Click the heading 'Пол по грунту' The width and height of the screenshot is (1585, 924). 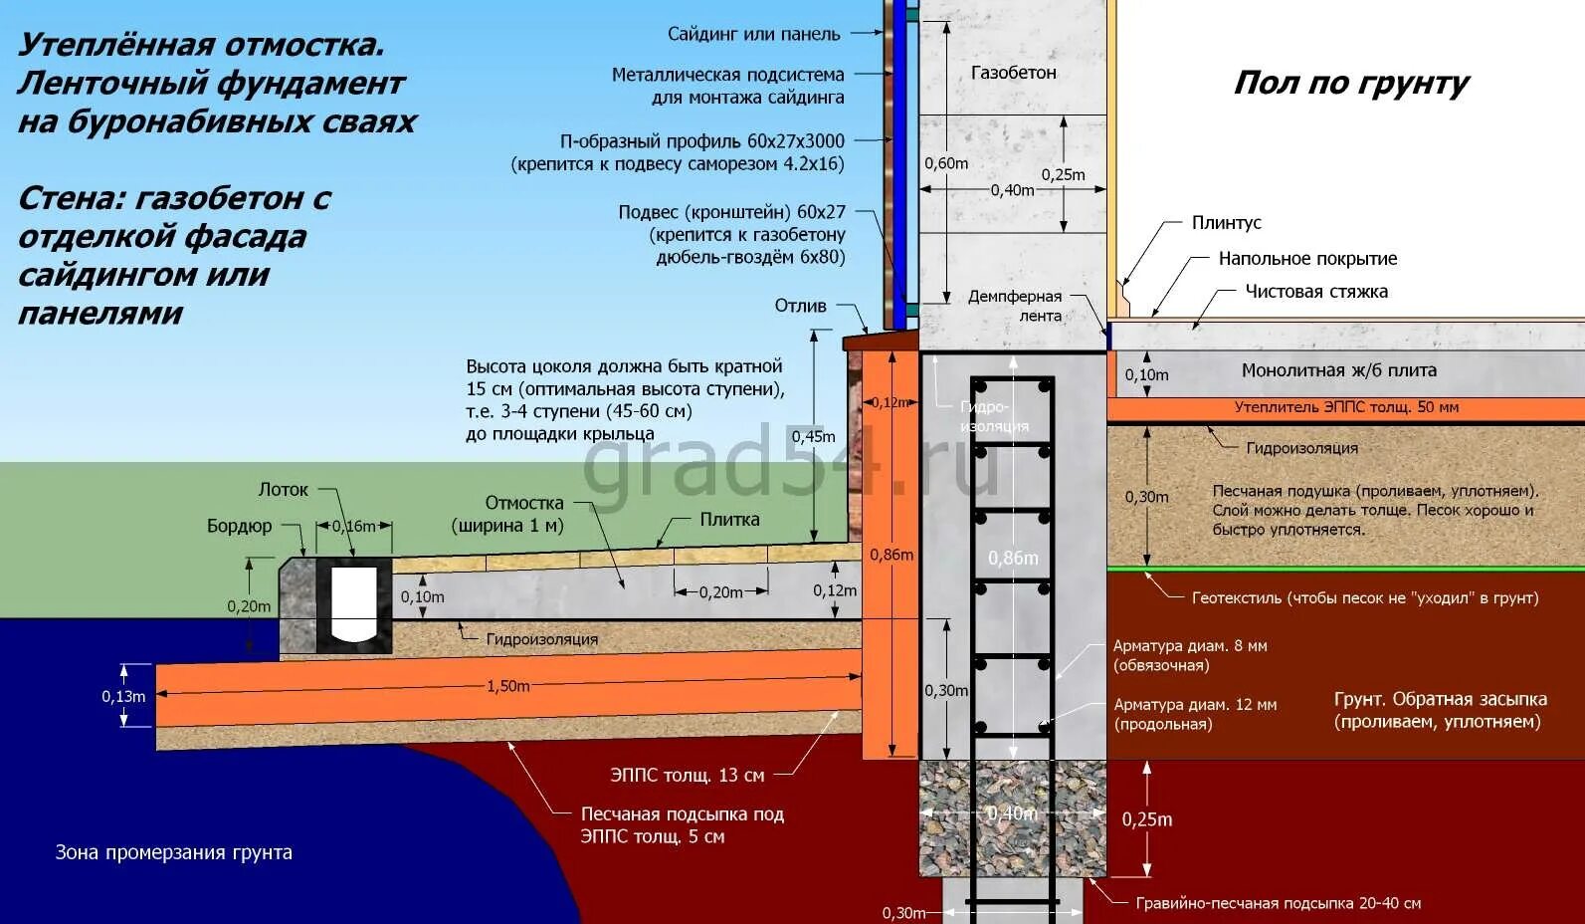(x=1350, y=84)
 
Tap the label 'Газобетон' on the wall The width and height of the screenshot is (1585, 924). (x=1013, y=73)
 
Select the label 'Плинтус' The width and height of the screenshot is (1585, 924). (x=1226, y=223)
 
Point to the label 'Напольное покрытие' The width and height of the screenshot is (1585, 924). (x=1307, y=259)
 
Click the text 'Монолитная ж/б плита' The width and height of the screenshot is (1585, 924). (x=1338, y=370)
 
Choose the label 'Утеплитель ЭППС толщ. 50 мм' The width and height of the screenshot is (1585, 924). (x=1346, y=407)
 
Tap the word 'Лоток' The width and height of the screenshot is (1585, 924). (x=284, y=490)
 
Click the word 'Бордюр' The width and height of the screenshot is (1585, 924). (x=239, y=527)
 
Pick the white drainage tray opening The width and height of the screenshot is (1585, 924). (x=353, y=604)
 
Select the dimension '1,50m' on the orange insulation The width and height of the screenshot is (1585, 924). (x=507, y=686)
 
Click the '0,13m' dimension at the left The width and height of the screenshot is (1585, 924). (x=123, y=697)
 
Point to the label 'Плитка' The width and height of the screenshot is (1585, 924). (x=729, y=520)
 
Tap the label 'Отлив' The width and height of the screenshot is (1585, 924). (x=801, y=306)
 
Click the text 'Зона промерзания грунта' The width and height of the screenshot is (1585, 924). (x=173, y=853)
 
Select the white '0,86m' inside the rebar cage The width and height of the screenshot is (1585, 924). (x=1013, y=559)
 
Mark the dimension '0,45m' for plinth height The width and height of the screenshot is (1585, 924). (x=813, y=436)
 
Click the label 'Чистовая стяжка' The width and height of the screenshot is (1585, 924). (x=1316, y=292)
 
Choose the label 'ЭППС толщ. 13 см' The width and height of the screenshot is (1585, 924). (x=687, y=775)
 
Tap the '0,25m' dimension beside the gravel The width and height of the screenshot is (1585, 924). (x=1146, y=819)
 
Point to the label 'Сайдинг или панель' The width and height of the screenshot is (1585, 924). (x=753, y=34)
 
